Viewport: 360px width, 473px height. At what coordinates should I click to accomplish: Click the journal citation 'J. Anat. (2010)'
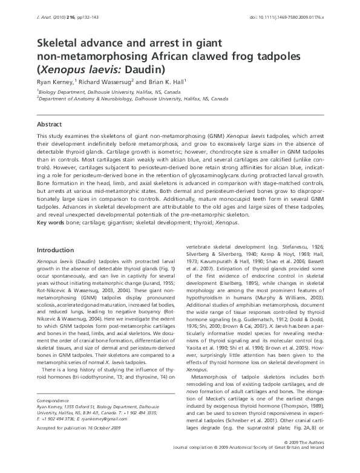point(51,19)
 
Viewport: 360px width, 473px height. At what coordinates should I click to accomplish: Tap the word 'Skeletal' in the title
point(60,43)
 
